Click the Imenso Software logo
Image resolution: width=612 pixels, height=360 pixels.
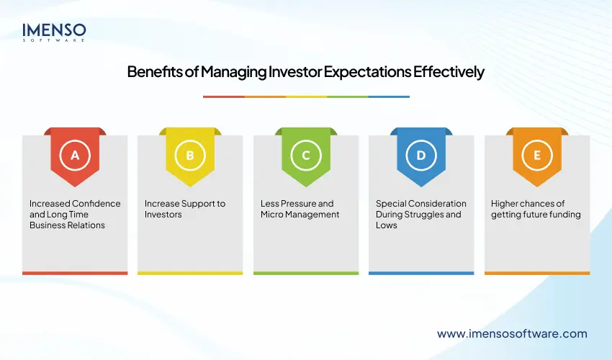click(x=55, y=32)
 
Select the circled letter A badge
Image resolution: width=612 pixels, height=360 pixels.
click(x=75, y=155)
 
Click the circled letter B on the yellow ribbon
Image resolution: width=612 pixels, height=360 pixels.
click(x=190, y=155)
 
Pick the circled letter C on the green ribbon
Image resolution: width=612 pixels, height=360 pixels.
click(x=305, y=155)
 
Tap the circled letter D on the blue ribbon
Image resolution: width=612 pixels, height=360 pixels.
click(x=421, y=155)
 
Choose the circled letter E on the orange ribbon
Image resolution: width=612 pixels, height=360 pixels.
click(x=536, y=155)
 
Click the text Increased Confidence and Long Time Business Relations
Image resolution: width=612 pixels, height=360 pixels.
click(x=75, y=215)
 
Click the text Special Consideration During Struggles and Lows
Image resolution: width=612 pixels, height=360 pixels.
click(x=421, y=215)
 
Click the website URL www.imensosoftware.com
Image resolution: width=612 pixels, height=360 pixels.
click(x=512, y=333)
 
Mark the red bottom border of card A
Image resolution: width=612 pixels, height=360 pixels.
click(x=75, y=273)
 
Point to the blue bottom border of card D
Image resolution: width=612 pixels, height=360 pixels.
click(x=421, y=273)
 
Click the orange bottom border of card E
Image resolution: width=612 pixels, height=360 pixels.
click(x=536, y=273)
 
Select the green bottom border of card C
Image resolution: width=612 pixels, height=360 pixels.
click(x=305, y=273)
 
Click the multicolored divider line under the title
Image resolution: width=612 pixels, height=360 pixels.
click(x=306, y=96)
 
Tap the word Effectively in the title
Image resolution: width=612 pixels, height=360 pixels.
click(x=449, y=72)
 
